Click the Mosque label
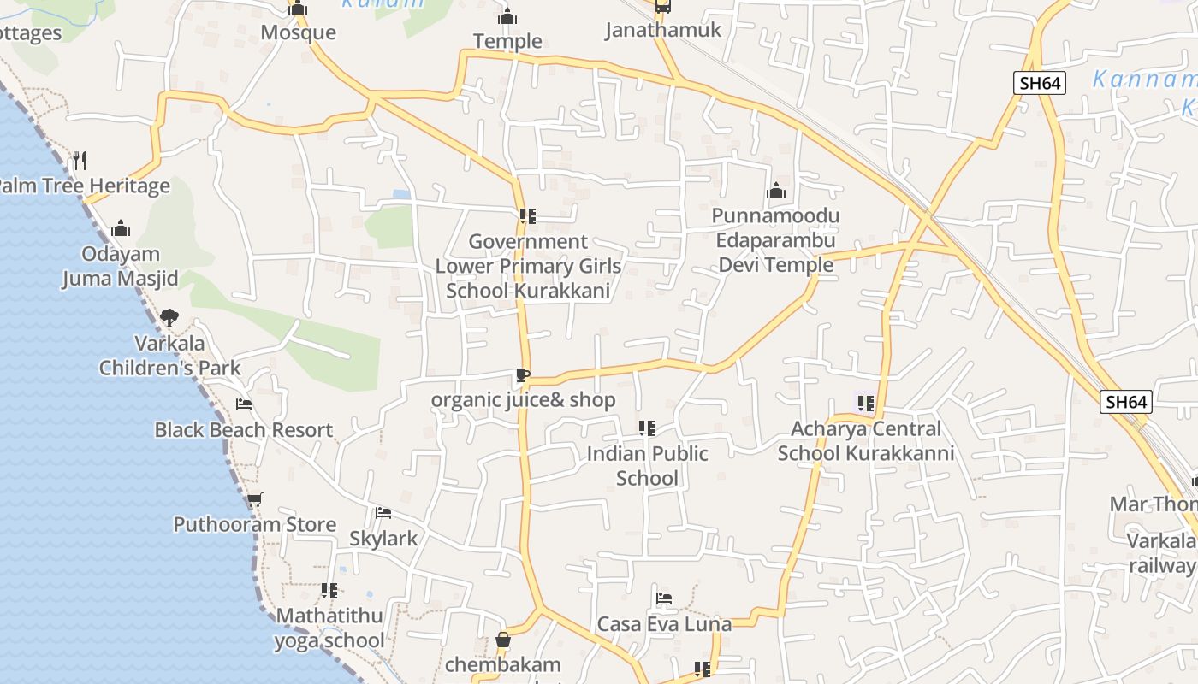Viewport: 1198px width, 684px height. (x=298, y=32)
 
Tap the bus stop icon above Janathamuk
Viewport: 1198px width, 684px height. (x=662, y=7)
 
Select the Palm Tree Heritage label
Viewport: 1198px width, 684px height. (x=83, y=186)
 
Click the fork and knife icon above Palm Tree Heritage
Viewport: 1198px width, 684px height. (x=80, y=160)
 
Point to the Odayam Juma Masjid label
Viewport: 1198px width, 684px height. (x=120, y=266)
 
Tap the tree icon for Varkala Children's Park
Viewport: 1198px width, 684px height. (x=169, y=318)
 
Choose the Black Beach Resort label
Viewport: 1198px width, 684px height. (x=243, y=429)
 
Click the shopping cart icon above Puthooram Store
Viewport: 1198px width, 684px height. (x=254, y=499)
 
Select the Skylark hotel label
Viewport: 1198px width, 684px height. (x=383, y=538)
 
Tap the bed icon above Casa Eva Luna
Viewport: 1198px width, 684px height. (x=664, y=598)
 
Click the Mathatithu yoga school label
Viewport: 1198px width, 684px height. (x=329, y=628)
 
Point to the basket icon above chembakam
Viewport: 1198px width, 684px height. (x=503, y=640)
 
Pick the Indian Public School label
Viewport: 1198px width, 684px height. (x=647, y=465)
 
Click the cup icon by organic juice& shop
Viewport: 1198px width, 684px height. (x=523, y=374)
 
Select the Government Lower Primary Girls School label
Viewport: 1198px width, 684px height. (x=528, y=265)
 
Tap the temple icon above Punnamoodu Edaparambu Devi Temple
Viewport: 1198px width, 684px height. (x=776, y=191)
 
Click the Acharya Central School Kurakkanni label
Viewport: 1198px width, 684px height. (x=865, y=440)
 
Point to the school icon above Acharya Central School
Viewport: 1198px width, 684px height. (x=865, y=403)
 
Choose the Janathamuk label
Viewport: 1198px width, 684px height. (x=663, y=30)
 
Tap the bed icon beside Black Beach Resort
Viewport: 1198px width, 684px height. (x=244, y=404)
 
